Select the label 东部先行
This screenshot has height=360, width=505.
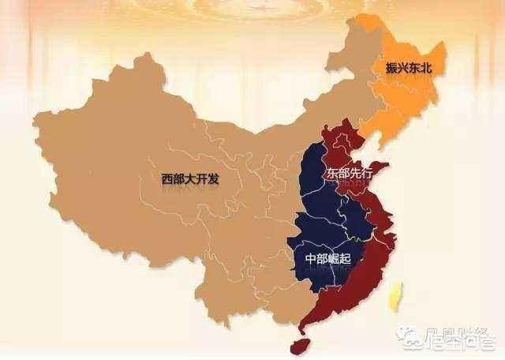(x=347, y=172)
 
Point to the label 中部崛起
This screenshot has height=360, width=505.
(x=327, y=259)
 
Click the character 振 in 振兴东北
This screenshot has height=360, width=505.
(x=392, y=68)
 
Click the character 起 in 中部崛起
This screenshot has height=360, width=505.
(x=346, y=259)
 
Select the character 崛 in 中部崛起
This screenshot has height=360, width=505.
(x=334, y=259)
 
